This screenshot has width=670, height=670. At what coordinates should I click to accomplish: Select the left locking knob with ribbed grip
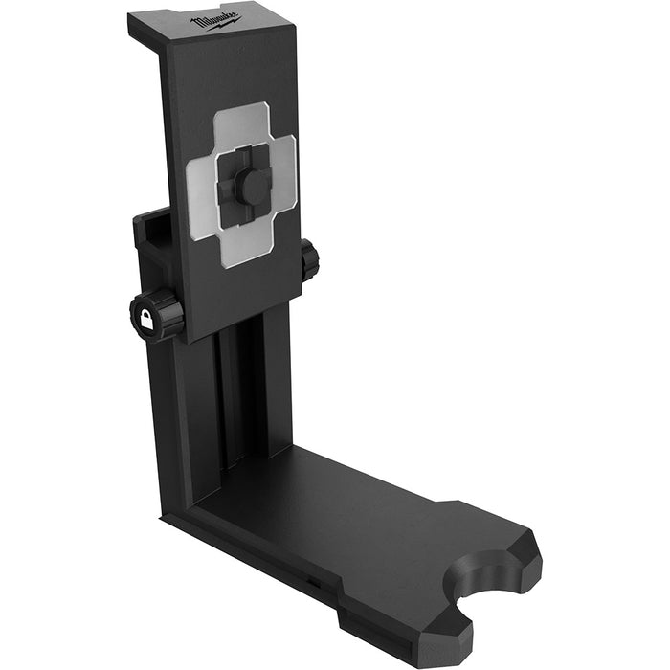pos(157,316)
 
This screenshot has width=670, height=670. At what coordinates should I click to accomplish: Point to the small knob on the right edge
pos(309,260)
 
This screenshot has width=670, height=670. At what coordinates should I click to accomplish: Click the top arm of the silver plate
pos(246,124)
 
